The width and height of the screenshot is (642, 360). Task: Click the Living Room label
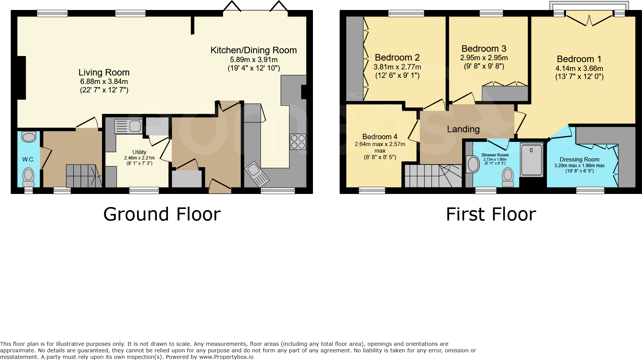click(x=104, y=72)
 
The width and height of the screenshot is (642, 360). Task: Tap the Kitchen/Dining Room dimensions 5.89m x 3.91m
click(x=254, y=60)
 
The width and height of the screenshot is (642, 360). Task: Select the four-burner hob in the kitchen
click(x=298, y=142)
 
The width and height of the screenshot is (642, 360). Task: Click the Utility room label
click(x=139, y=152)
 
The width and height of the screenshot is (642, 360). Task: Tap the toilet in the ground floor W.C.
click(x=28, y=176)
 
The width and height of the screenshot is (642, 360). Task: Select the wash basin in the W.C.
click(x=29, y=137)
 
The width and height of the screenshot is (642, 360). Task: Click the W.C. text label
click(x=28, y=159)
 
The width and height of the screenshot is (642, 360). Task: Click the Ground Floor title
click(x=162, y=214)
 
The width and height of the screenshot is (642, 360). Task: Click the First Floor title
click(x=491, y=214)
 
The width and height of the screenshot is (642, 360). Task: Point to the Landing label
click(x=463, y=129)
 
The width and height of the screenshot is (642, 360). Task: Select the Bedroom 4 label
click(x=380, y=137)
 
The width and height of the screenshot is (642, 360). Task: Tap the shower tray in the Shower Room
click(x=532, y=159)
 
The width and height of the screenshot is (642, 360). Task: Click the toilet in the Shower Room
click(x=508, y=177)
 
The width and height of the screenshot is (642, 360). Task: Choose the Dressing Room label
click(x=579, y=159)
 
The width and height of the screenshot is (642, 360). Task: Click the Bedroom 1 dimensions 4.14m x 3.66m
click(x=579, y=69)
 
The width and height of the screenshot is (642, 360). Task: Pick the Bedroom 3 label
click(x=484, y=49)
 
